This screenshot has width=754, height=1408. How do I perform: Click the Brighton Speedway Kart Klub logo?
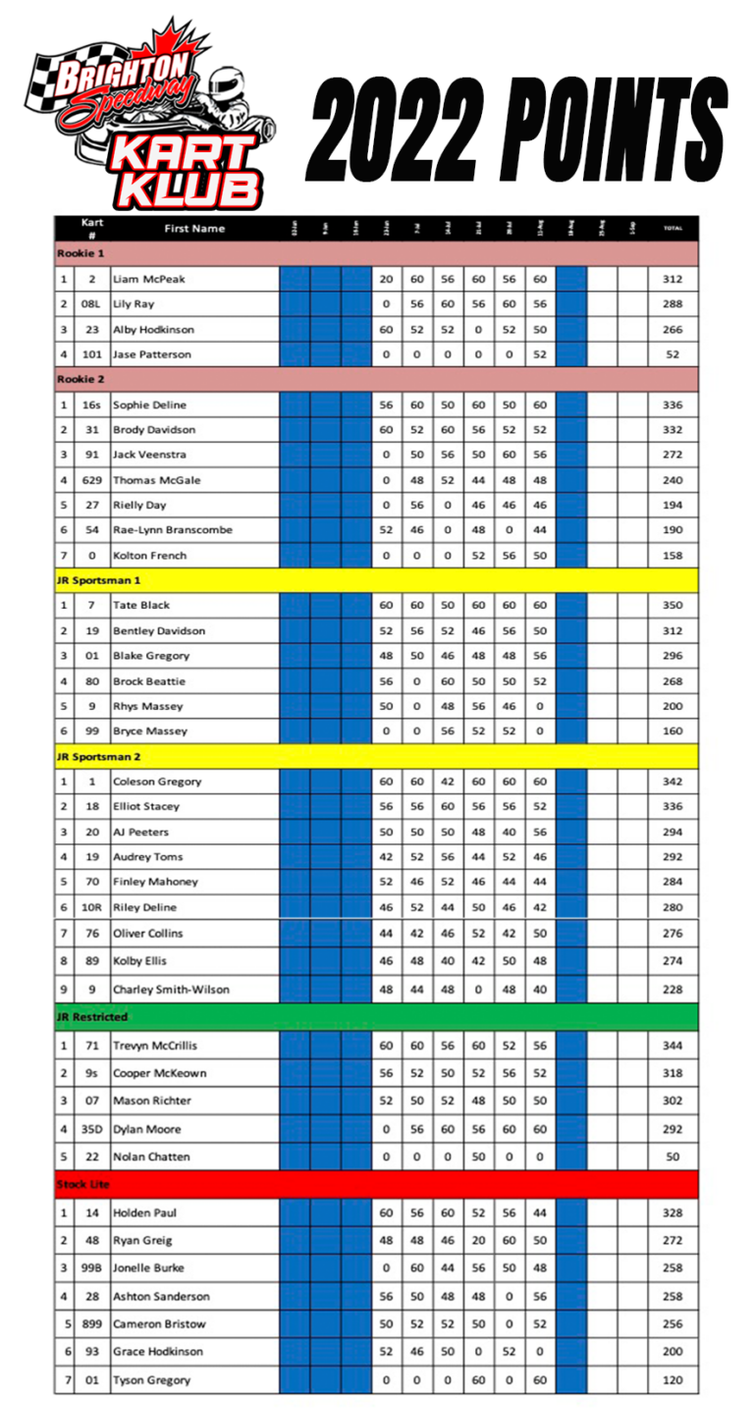tap(152, 113)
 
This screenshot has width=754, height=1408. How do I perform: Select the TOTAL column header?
tap(673, 229)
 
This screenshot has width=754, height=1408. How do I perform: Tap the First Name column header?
tap(194, 229)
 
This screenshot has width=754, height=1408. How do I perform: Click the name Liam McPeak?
tap(148, 279)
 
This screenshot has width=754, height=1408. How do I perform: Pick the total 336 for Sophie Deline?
tap(673, 405)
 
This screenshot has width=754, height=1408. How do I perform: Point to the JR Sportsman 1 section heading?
tap(98, 580)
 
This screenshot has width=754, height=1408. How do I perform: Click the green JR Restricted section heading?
tap(92, 1016)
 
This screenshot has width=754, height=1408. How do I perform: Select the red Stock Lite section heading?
tap(82, 1184)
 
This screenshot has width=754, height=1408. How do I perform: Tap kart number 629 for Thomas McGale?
tap(91, 480)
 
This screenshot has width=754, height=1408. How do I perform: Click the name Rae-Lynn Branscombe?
tap(172, 530)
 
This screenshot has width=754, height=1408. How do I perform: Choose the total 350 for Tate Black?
tap(673, 606)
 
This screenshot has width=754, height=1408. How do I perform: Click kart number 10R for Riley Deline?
tap(91, 907)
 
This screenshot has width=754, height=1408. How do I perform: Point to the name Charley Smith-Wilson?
tap(173, 990)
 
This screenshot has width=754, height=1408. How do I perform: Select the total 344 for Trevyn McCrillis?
tap(673, 1046)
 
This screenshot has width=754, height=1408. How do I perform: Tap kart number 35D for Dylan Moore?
tap(91, 1129)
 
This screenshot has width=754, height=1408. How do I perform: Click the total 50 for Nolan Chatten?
tap(673, 1157)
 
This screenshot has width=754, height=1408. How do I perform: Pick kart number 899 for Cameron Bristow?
tap(91, 1324)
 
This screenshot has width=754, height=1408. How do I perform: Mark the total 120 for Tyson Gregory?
tap(673, 1380)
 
